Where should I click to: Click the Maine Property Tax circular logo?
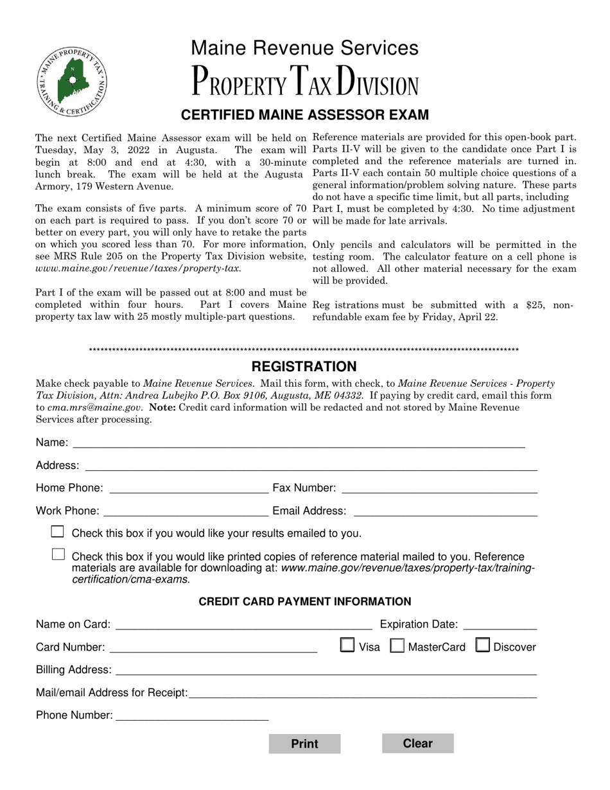pos(72,82)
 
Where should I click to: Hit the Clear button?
pos(417,743)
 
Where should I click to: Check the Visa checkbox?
pos(347,645)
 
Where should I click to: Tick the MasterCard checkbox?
pos(398,645)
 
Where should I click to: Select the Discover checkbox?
pos(483,645)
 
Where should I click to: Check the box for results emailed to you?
pos(58,532)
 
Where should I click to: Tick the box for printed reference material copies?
pos(58,554)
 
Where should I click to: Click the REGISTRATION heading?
pos(304,367)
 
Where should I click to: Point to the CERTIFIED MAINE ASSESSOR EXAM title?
pos(304,115)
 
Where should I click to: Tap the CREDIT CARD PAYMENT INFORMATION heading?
pos(304,602)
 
